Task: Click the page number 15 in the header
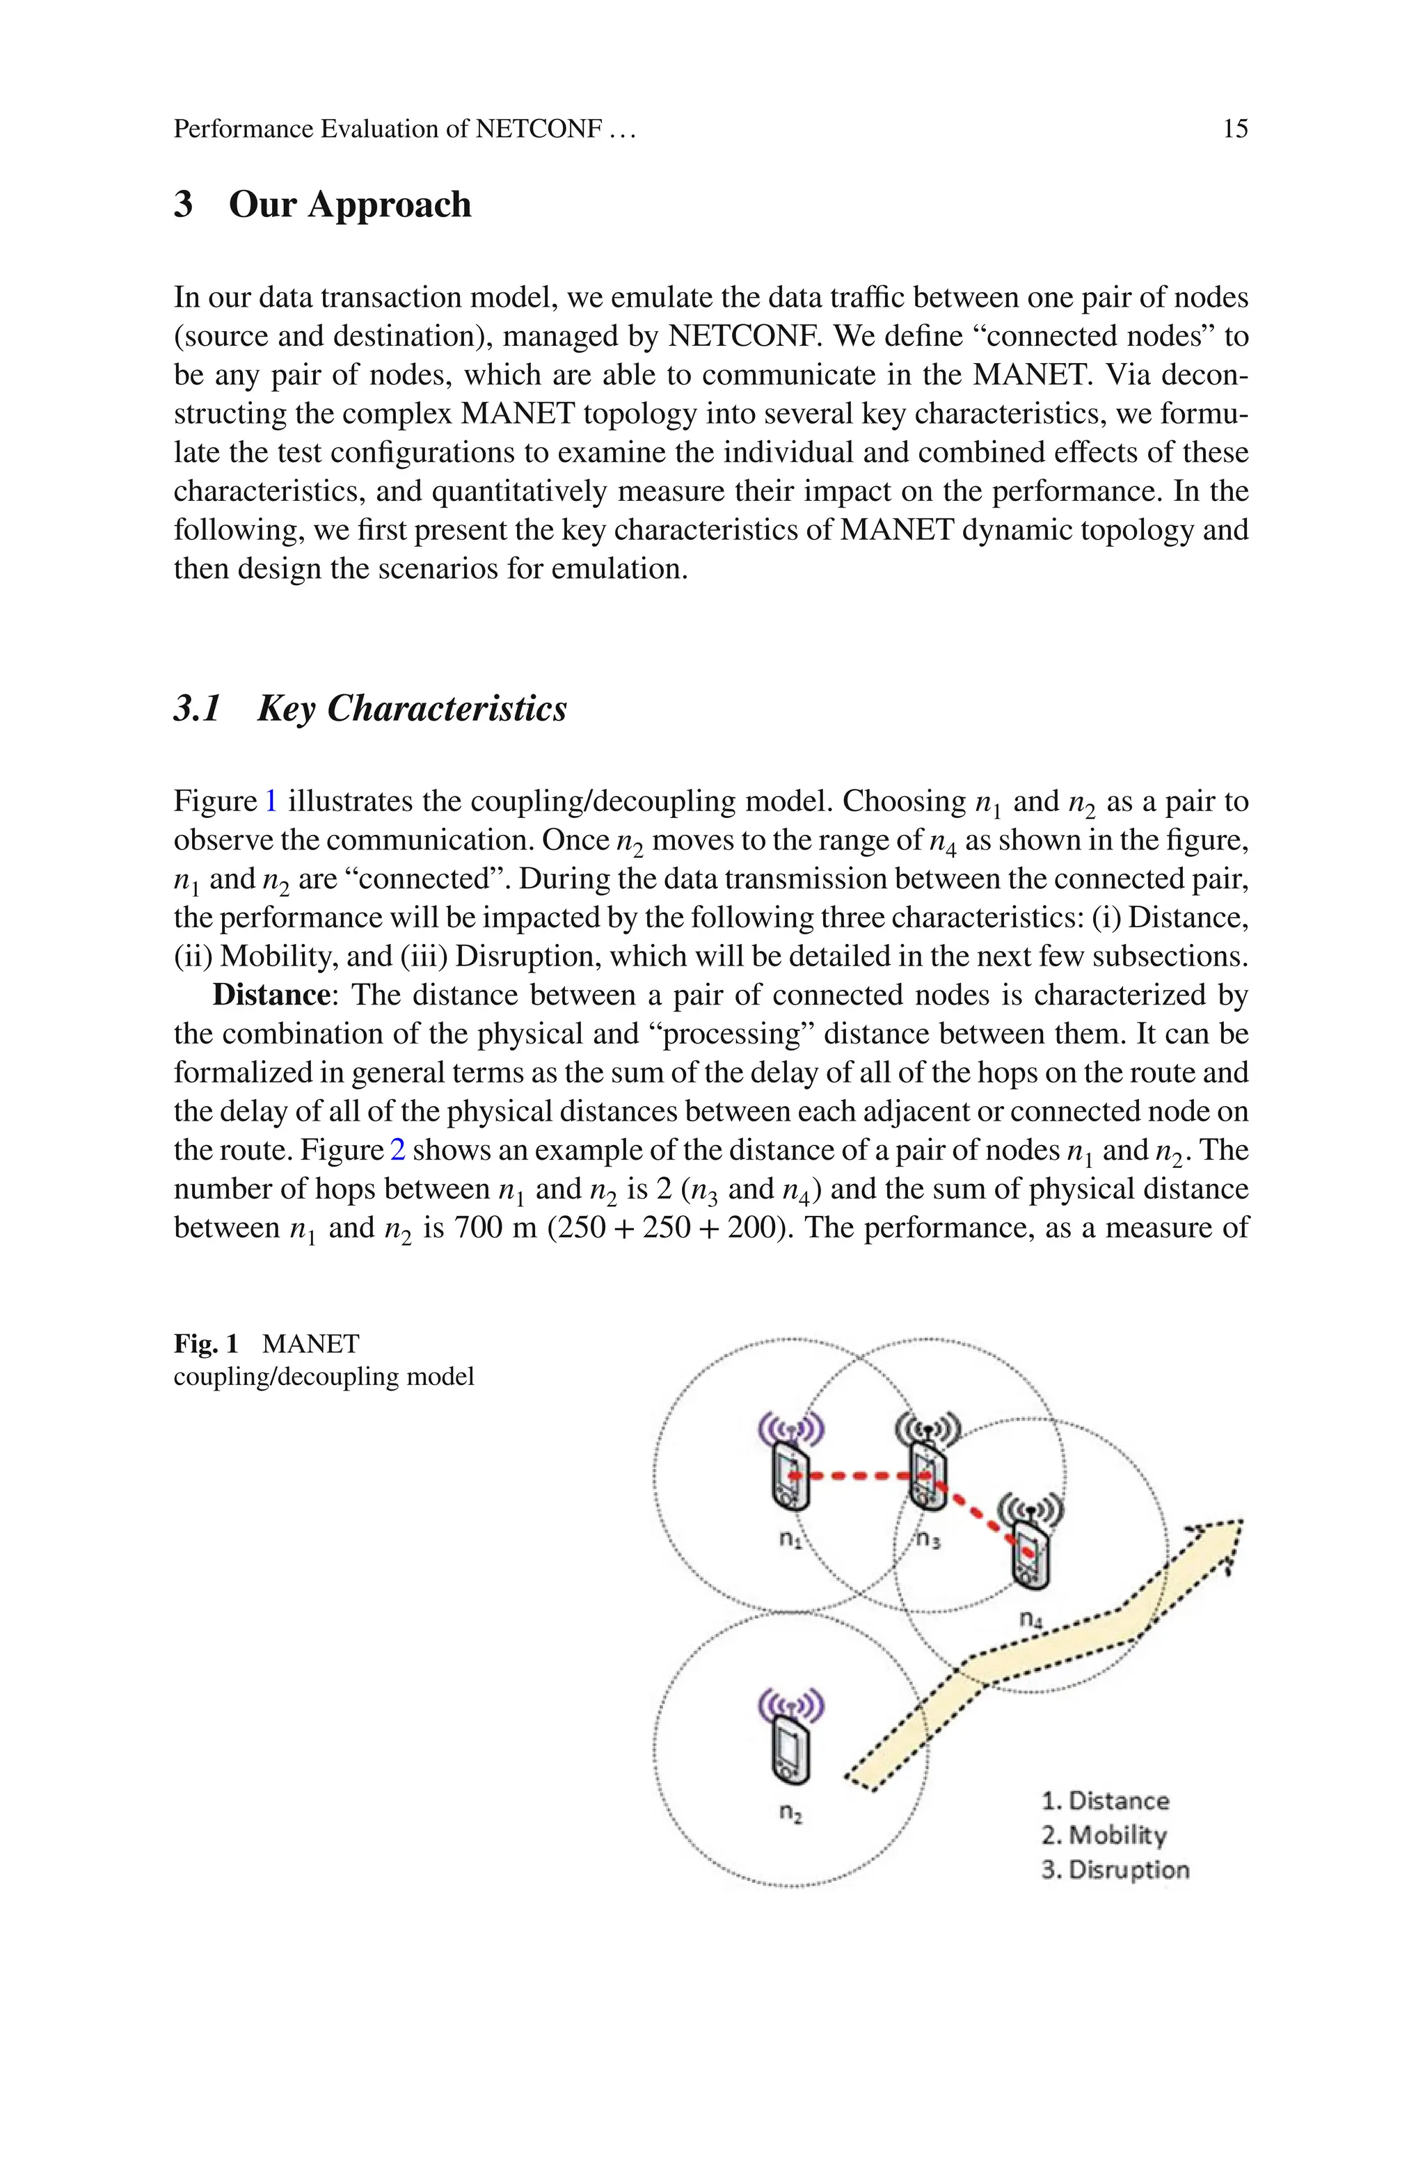[x=1234, y=129]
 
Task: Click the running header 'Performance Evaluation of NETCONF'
[x=387, y=129]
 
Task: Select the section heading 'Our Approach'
[x=350, y=205]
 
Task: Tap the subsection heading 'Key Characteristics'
[x=412, y=708]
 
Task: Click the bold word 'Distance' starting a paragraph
[x=270, y=995]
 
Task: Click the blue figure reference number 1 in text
[x=271, y=801]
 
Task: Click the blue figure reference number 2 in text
[x=397, y=1150]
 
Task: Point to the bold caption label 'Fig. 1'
[x=206, y=1343]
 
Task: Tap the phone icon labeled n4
[x=1030, y=1556]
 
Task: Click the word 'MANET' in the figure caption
[x=311, y=1343]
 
